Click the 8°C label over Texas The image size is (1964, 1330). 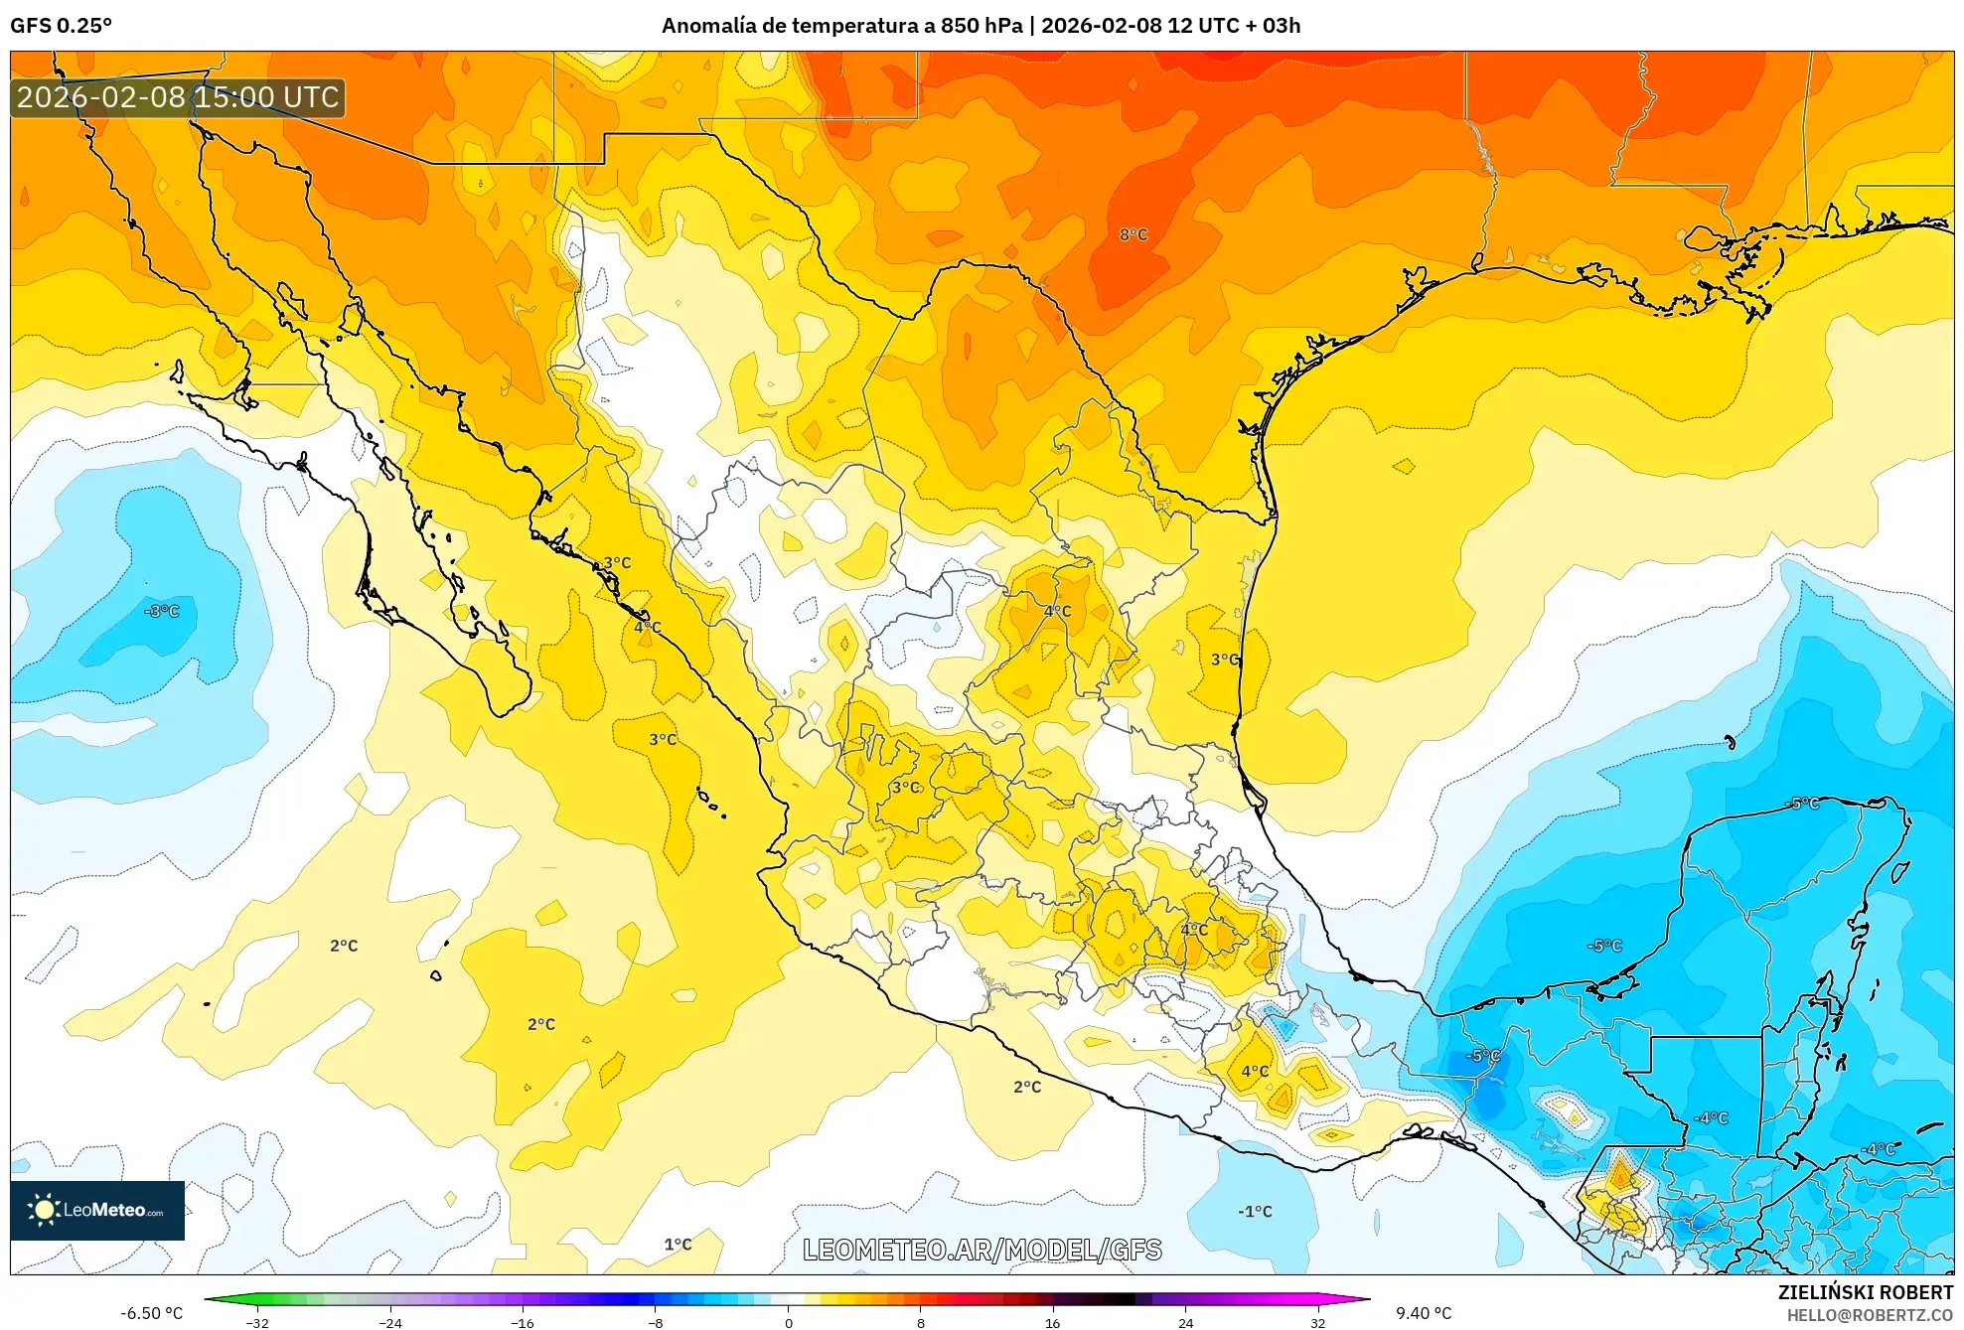pos(1133,234)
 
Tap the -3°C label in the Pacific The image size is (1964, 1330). pos(162,611)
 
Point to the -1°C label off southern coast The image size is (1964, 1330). pos(1255,1211)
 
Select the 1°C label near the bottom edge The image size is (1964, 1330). pos(678,1244)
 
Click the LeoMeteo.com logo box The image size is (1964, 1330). pos(97,1210)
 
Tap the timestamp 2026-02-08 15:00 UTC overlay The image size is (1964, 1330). pos(178,97)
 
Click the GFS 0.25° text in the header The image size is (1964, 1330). pos(61,26)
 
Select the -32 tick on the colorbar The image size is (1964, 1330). pos(257,1322)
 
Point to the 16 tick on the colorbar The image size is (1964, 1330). pos(1052,1322)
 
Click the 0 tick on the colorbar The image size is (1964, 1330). pos(788,1322)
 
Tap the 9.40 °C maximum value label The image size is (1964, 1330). pos(1423,1313)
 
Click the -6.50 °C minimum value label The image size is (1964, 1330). pos(152,1313)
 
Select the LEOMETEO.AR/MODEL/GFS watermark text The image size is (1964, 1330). pos(982,1250)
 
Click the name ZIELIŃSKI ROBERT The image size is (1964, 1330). pos(1865,1292)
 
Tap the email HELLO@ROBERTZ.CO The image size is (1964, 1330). pos(1869,1315)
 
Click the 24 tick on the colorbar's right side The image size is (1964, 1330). pos(1185,1322)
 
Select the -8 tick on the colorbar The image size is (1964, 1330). pos(656,1322)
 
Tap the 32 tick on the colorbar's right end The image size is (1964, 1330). pos(1317,1322)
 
